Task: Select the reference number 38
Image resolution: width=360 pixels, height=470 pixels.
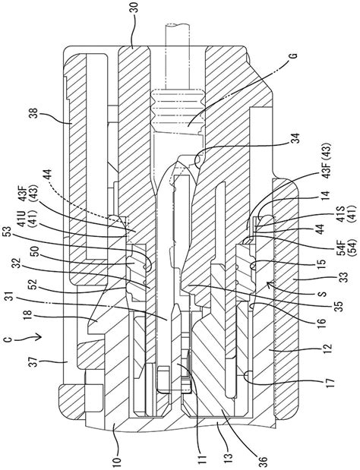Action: (x=35, y=115)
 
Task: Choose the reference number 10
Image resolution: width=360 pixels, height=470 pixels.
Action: (x=118, y=459)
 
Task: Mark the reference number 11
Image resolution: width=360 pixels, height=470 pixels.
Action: (x=203, y=459)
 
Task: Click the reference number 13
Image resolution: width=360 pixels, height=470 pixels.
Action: (x=229, y=459)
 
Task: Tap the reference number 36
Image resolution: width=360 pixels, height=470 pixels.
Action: (x=263, y=459)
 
